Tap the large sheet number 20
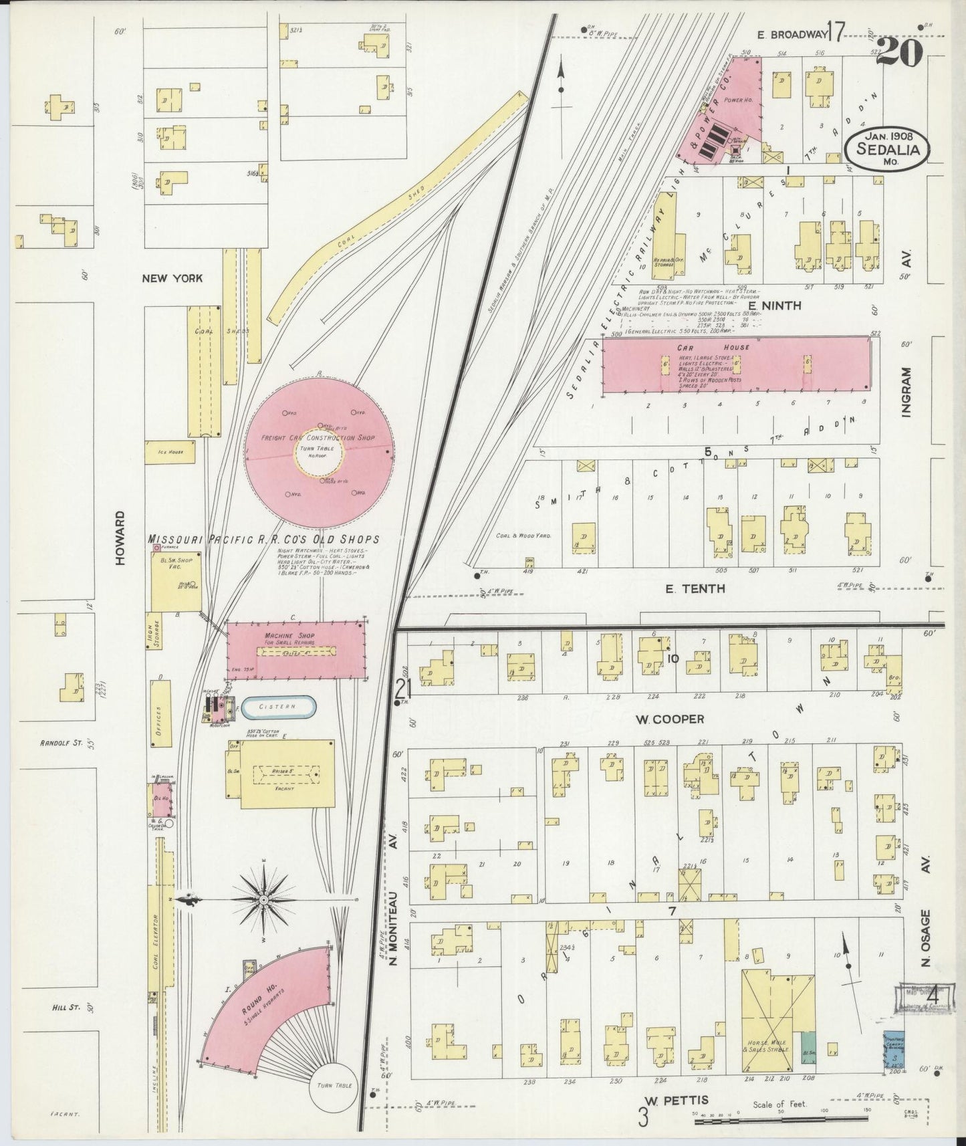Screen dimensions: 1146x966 [899, 51]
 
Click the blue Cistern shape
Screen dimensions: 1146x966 [278, 707]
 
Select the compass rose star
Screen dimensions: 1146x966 [263, 901]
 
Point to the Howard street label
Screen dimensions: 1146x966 [120, 538]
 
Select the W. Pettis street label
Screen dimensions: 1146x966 [677, 1099]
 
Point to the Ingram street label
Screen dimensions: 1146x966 [907, 392]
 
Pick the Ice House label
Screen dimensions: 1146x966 [169, 452]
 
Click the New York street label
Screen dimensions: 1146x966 [172, 278]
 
